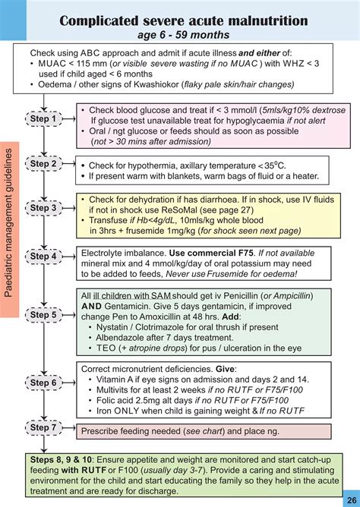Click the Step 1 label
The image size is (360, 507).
point(43,119)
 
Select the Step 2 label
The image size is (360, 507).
point(43,163)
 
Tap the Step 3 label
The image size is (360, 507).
point(43,207)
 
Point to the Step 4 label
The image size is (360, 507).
point(43,256)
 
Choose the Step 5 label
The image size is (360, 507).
point(43,314)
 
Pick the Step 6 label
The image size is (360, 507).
point(43,383)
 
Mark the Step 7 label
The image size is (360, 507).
point(43,427)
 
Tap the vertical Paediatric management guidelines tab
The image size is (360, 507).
point(10,229)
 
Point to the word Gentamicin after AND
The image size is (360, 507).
point(131,308)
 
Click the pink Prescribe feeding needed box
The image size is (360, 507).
point(204,431)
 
